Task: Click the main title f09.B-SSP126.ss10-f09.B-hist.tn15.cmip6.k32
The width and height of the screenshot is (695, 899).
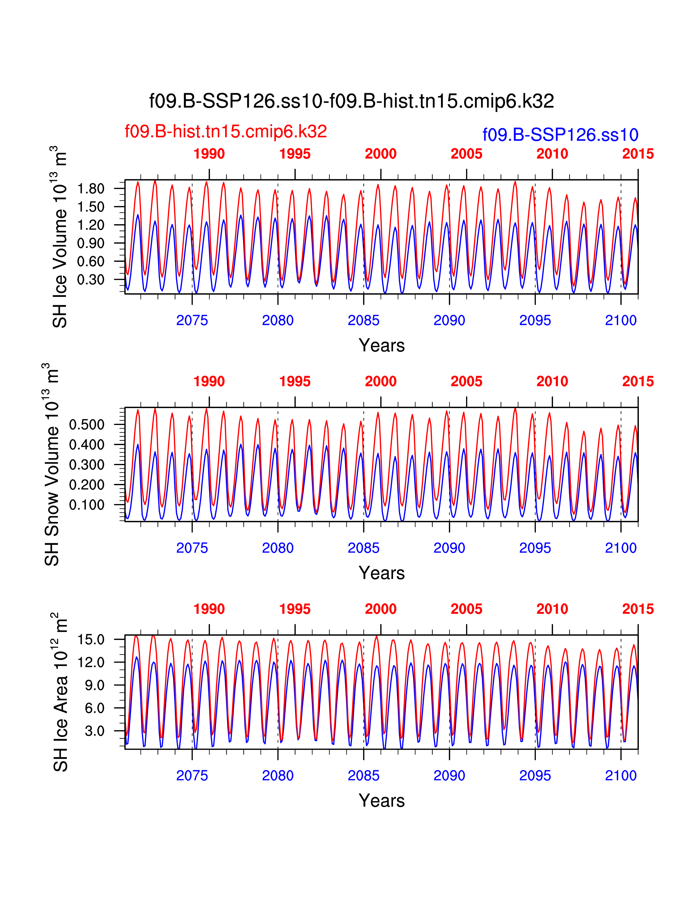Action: pos(351,101)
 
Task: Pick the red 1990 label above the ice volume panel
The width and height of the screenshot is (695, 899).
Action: pos(209,154)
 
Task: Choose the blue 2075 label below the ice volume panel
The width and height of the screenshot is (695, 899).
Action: pos(192,320)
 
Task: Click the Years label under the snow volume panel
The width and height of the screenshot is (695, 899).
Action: pos(382,573)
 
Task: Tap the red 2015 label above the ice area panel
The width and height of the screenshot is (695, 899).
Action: pos(638,609)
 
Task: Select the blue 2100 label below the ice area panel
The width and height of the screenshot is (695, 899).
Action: pos(621,776)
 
